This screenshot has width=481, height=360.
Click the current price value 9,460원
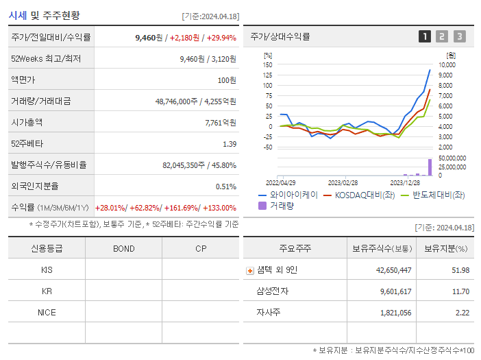[x=149, y=37]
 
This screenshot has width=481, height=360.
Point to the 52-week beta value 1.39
[x=229, y=144]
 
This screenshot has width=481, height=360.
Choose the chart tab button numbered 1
[x=425, y=36]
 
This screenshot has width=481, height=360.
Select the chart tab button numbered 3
[x=459, y=36]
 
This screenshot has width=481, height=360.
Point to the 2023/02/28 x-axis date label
[x=342, y=183]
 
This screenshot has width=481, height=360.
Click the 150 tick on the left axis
[x=268, y=64]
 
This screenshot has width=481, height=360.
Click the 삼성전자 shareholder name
[x=272, y=291]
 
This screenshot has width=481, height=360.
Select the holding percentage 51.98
[x=460, y=270]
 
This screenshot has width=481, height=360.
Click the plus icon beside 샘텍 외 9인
[x=250, y=270]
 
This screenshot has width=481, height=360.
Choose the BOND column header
[x=123, y=248]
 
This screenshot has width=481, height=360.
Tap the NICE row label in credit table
[x=47, y=312]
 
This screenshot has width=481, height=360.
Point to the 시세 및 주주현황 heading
[x=44, y=14]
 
